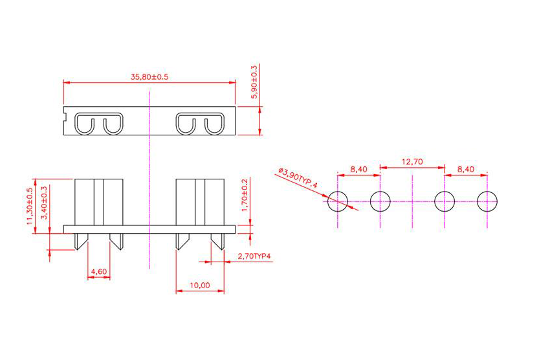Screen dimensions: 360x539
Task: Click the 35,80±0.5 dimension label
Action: coord(149,76)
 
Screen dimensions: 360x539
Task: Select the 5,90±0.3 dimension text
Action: coord(254,81)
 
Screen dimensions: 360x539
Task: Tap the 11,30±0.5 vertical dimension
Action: coord(30,207)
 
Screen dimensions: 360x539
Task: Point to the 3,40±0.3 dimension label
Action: coord(44,203)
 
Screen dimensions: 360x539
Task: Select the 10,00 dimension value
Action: coord(200,285)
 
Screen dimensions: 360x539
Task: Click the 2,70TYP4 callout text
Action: coord(254,257)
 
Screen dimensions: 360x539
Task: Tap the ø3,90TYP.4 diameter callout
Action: coord(299,179)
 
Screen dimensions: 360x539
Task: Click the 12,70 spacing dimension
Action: coord(412,162)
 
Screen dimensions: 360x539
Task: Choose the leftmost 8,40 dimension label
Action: coord(358,169)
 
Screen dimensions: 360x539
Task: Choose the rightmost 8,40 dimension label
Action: coord(466,169)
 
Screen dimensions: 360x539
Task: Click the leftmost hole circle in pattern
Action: coord(338,201)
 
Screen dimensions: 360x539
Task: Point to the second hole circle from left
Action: coord(380,201)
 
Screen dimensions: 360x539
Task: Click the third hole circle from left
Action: coord(445,201)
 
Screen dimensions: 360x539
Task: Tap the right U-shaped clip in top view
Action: coord(200,124)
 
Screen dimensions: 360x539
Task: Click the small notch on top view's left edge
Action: coord(65,118)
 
